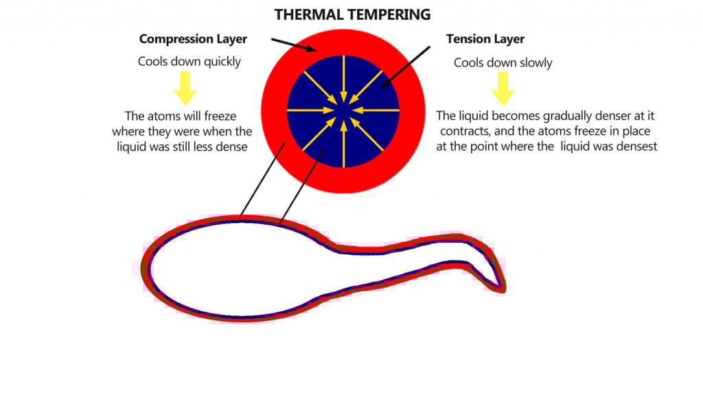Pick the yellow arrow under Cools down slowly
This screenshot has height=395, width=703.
tap(503, 87)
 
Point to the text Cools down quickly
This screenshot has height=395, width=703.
tap(189, 62)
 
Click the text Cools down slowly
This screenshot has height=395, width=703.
tap(503, 63)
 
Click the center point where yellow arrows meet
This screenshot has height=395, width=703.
tap(343, 111)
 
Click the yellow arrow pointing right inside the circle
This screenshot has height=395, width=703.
tap(312, 111)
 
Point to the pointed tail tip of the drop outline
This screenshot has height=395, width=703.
tap(503, 289)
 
